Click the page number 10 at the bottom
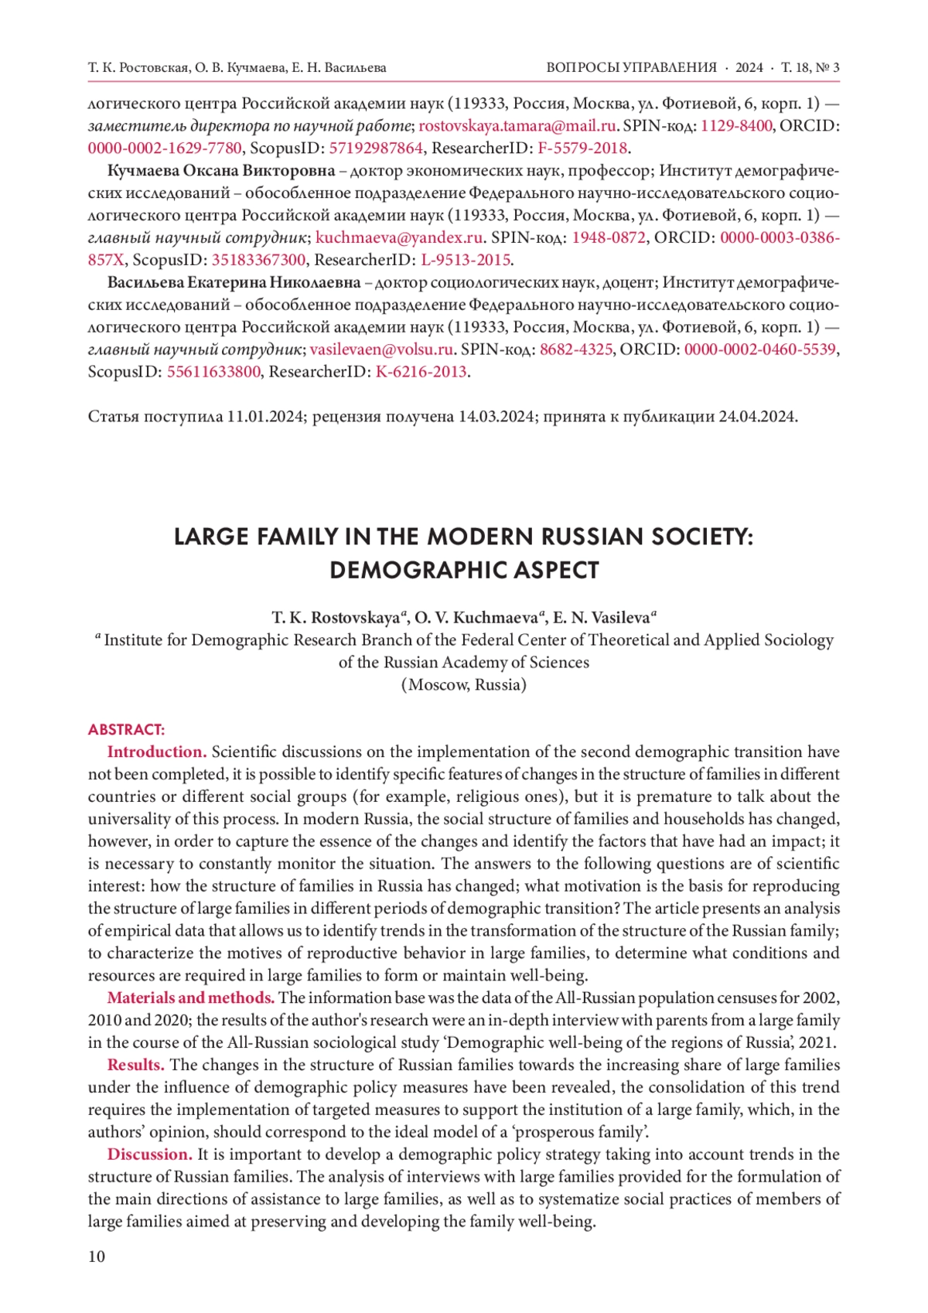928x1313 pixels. [97, 1257]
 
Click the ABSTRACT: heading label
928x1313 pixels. [126, 730]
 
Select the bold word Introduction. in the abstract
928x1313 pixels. [156, 752]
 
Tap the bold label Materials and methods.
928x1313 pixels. [190, 998]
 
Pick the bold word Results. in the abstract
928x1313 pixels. [135, 1066]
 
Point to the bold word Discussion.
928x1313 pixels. [149, 1155]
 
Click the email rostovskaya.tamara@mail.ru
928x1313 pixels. [517, 126]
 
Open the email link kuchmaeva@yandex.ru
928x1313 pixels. [399, 237]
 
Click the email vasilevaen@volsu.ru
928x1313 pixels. [381, 350]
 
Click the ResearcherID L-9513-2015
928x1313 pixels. [466, 260]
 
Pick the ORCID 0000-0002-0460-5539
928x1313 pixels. [759, 350]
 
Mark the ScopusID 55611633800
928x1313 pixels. [213, 372]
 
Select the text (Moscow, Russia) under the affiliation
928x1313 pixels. [464, 685]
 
